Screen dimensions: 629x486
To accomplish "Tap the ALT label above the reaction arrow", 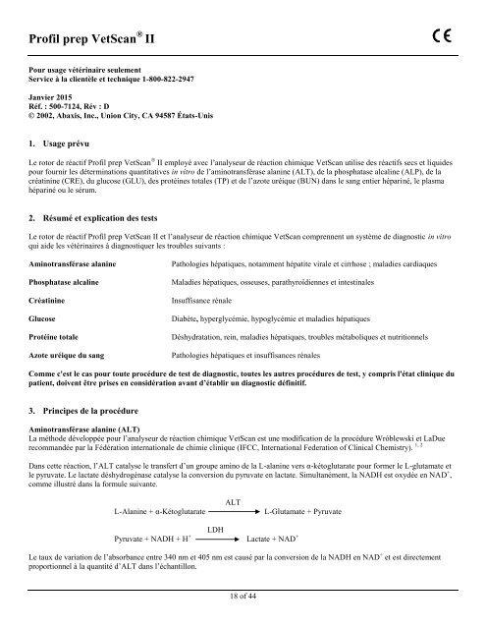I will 234,501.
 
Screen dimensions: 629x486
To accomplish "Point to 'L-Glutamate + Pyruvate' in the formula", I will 303,512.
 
